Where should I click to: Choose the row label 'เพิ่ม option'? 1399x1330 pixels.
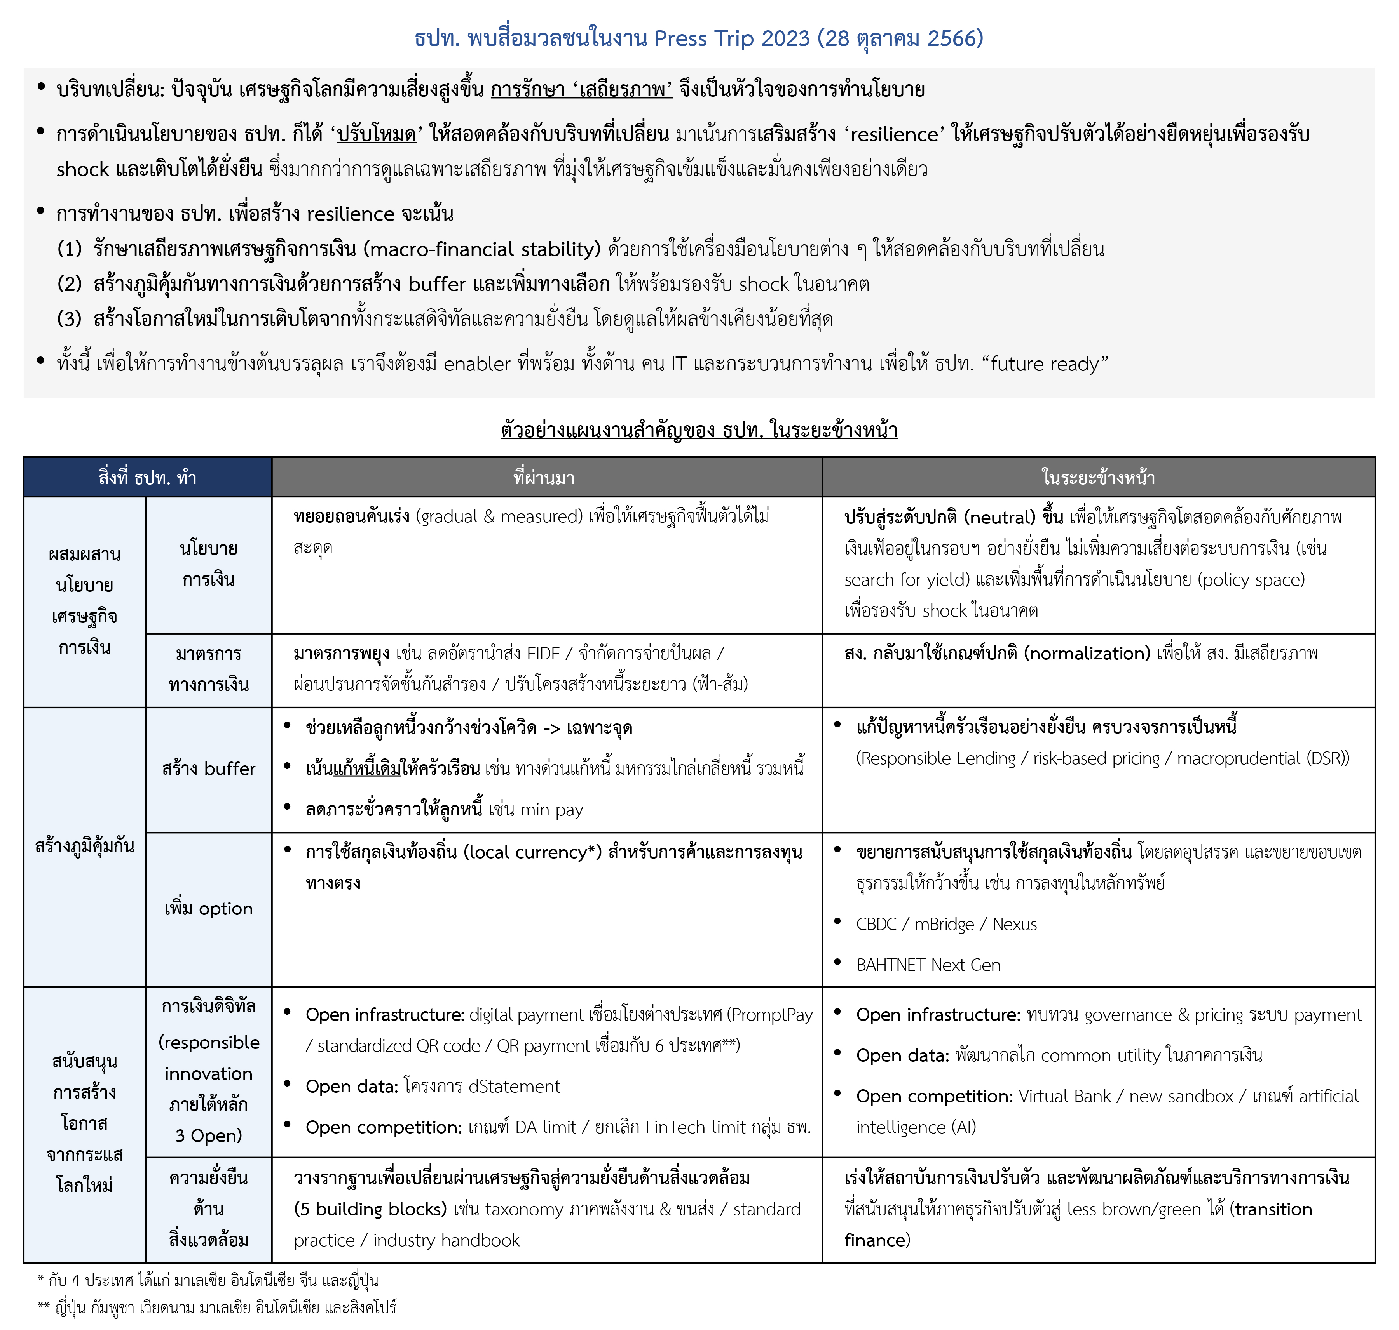209,909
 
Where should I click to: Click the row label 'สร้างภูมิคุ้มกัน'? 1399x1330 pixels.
84,846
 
